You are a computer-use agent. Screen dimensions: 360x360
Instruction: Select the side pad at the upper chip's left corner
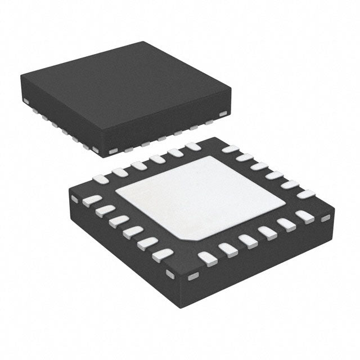click(x=26, y=101)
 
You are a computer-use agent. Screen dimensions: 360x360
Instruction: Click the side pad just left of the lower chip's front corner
click(x=170, y=273)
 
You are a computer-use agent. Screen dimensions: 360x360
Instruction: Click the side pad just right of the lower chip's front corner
click(x=193, y=276)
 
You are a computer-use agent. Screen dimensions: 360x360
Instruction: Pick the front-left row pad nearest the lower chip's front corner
click(x=163, y=255)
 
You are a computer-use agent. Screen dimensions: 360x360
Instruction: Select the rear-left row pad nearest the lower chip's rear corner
click(x=193, y=147)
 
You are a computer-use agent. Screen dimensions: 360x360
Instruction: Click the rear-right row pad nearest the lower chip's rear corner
click(x=230, y=149)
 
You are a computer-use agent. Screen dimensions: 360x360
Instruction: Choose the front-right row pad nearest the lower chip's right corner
click(x=304, y=216)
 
